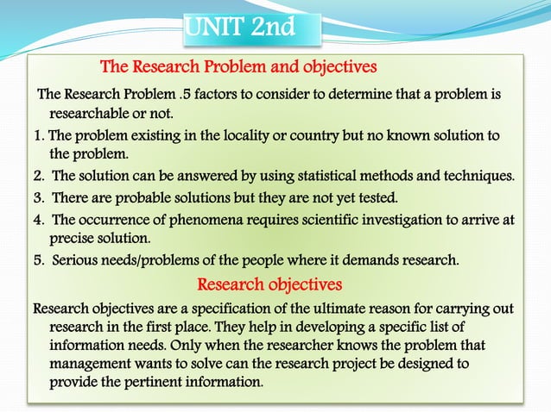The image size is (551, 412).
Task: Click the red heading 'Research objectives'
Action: pos(270,284)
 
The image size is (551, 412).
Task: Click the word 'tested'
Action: pos(375,197)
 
